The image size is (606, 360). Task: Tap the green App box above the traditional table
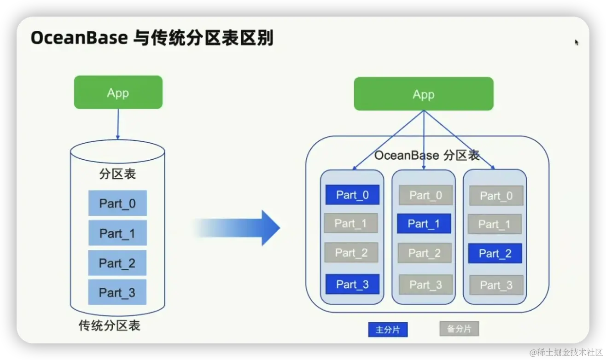[x=118, y=93]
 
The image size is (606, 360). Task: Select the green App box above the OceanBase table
[x=423, y=94]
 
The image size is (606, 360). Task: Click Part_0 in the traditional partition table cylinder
[x=117, y=203]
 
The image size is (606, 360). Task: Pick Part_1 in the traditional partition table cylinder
[x=117, y=233]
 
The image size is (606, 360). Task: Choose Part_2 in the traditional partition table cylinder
[x=117, y=263]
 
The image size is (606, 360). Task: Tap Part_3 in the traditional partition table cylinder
[x=117, y=292]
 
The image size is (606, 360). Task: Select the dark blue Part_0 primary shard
[x=352, y=195]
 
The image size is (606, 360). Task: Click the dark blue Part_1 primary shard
[x=424, y=224]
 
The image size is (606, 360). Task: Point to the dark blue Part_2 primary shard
[x=495, y=253]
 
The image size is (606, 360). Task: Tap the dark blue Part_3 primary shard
[x=352, y=284]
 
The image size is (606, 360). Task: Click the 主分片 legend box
[x=388, y=330]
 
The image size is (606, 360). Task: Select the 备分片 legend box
[x=459, y=329]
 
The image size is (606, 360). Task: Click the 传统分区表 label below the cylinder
[x=109, y=326]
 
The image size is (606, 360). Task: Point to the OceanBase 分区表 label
[x=427, y=155]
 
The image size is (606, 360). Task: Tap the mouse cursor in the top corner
[x=576, y=42]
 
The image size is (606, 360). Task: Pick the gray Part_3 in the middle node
[x=425, y=285]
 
